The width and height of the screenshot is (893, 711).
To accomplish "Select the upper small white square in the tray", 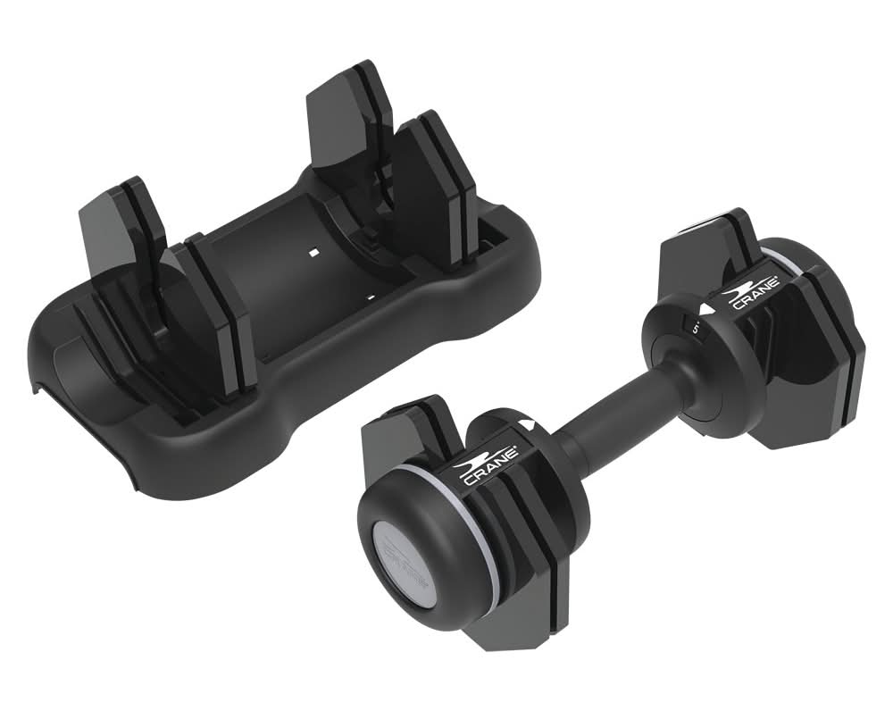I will (x=312, y=254).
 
